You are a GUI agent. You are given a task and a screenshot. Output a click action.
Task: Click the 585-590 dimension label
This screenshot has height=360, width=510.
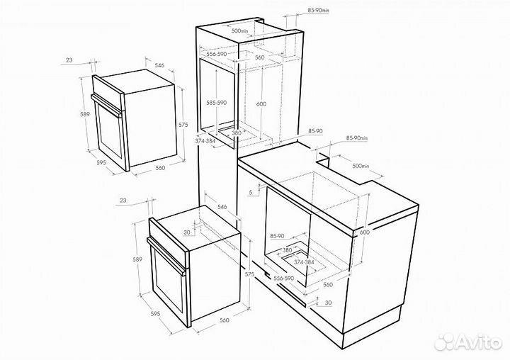215,103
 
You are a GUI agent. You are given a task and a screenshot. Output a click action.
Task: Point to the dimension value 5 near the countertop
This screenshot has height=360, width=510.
251,191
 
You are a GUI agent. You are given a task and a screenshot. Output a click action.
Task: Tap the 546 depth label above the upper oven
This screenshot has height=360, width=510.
159,65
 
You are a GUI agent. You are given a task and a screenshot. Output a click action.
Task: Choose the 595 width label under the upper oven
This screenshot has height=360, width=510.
102,163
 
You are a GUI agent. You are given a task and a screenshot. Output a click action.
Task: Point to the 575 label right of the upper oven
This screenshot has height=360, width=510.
183,125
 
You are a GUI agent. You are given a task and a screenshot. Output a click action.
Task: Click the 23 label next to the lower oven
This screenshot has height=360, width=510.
124,201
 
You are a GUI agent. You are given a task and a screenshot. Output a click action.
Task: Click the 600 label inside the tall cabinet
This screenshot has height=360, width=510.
261,104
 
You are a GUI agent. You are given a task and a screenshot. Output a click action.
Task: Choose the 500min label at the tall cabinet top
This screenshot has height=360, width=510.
239,31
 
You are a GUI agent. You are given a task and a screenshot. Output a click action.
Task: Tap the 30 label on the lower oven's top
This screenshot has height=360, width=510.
187,232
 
